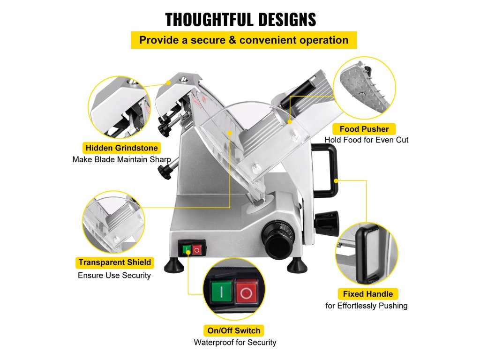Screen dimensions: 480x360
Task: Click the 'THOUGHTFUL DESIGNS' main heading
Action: coord(240,20)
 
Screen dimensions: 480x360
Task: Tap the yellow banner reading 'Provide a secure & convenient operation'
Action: coord(244,40)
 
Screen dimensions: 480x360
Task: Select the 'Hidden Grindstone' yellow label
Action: coord(121,148)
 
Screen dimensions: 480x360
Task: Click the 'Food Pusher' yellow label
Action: coord(364,129)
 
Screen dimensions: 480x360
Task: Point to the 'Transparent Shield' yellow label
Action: coord(114,262)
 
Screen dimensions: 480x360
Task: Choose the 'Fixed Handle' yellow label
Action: coord(367,294)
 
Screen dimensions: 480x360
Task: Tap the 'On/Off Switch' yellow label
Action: coord(233,330)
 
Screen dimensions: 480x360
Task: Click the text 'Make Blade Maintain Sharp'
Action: coord(121,159)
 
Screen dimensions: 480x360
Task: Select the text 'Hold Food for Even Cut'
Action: coord(367,140)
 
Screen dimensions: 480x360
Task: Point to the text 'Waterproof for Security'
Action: coord(235,342)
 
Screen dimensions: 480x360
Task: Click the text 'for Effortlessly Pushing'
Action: coord(367,306)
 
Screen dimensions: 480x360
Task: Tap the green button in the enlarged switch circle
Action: coord(222,292)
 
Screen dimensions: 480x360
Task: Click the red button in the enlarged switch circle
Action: coord(246,293)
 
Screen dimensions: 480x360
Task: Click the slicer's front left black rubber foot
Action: coord(174,266)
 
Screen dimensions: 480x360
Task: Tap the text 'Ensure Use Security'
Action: coord(114,275)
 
